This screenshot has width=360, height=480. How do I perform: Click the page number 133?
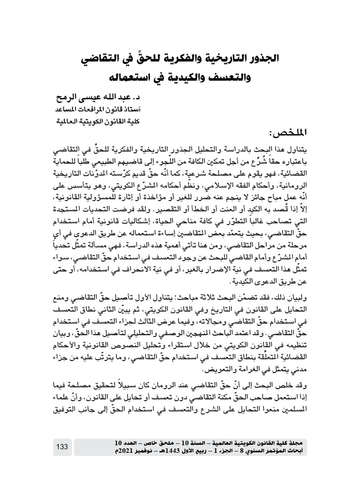[x=62, y=447]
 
